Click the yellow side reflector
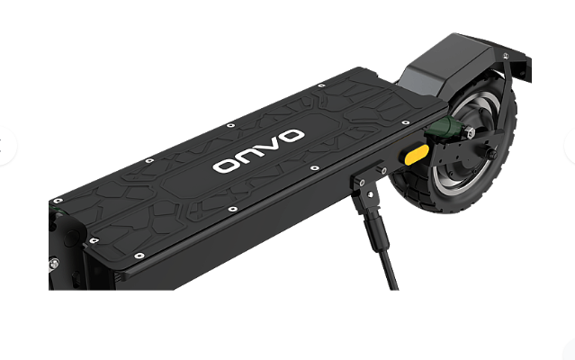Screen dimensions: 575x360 click(x=417, y=155)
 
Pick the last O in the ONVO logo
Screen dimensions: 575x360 click(x=290, y=136)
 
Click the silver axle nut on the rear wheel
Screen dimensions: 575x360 click(x=470, y=131)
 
